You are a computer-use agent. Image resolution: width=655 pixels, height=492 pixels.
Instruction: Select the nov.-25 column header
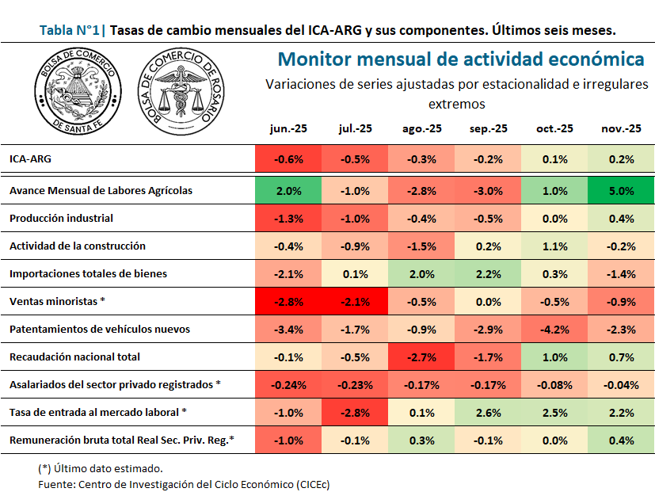pos(621,128)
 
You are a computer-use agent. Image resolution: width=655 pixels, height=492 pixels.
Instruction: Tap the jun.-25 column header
pos(288,128)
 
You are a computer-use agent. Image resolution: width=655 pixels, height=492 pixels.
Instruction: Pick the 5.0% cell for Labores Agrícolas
pos(621,191)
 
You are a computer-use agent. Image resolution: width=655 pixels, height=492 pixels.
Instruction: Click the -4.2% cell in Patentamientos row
pos(554,330)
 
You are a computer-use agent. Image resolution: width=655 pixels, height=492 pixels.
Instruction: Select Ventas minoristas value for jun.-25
pos(288,302)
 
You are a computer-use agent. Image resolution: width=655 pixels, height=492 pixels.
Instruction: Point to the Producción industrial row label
pos(61,218)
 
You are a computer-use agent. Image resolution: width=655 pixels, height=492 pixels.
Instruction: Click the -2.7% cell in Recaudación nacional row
pos(421,357)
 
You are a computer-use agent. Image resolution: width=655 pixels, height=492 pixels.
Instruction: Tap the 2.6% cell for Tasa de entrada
pos(488,413)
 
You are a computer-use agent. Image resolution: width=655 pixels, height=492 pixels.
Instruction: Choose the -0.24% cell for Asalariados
pos(288,385)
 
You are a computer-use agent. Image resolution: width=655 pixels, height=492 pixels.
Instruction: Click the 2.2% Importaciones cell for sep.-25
pos(488,274)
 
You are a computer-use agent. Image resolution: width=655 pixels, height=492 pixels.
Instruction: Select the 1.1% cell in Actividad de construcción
pos(554,246)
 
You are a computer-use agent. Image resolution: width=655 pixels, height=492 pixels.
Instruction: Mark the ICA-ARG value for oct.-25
pos(554,159)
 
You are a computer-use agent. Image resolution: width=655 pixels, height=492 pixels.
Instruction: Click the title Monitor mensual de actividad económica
pos(461,59)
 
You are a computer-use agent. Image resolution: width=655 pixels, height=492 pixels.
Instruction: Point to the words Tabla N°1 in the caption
pos(68,31)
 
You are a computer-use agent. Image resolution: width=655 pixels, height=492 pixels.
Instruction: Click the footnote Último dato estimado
pos(101,467)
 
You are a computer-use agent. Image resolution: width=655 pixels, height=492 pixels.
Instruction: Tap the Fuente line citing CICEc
pos(183,483)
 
